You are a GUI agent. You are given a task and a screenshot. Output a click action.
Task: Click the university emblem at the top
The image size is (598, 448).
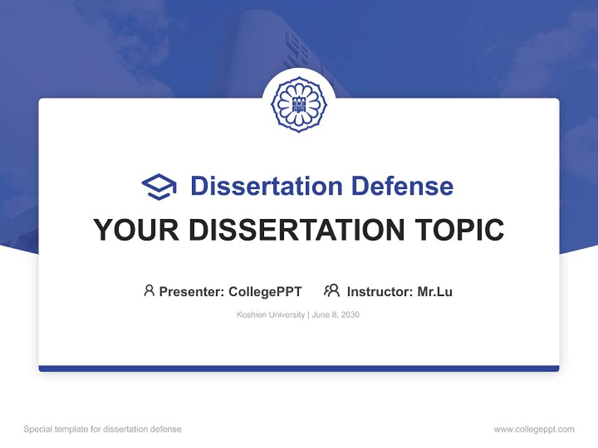(299, 104)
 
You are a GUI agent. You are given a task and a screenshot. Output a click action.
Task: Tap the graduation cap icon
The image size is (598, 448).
(159, 187)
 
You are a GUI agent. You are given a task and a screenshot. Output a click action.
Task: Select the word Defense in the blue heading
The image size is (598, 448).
(402, 186)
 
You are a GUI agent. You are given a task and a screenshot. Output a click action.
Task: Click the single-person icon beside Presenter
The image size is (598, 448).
(149, 291)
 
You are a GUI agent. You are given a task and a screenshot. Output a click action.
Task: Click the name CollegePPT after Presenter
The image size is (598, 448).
(265, 292)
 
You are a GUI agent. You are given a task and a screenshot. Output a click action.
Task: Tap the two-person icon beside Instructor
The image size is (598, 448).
(332, 291)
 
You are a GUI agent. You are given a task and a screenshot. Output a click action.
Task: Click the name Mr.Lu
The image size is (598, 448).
(435, 292)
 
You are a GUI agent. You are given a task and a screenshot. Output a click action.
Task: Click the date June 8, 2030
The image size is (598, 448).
(336, 315)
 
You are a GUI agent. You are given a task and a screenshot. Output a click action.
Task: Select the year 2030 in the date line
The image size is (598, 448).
(350, 315)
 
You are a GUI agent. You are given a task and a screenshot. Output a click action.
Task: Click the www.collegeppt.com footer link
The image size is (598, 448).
(534, 429)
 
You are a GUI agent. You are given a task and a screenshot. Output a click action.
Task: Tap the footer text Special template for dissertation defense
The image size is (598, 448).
(103, 429)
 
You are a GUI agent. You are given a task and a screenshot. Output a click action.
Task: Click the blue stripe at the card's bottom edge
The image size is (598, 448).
(299, 368)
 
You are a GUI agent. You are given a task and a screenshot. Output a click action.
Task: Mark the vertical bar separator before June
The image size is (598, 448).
(308, 315)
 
